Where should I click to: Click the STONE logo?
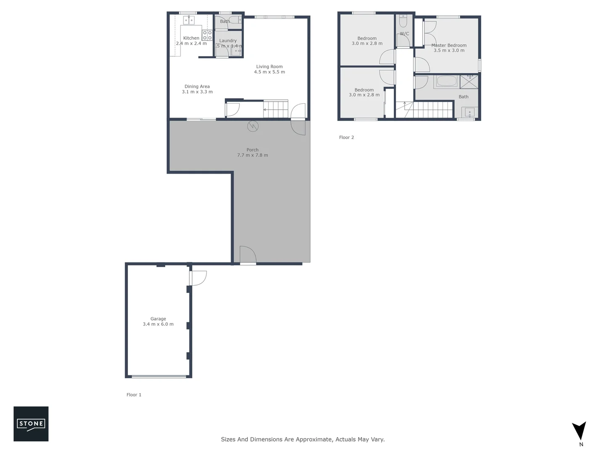(31, 423)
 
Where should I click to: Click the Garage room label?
(158, 319)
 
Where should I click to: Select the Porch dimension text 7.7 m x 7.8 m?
(252, 155)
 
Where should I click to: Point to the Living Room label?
(269, 67)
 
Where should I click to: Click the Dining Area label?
(197, 86)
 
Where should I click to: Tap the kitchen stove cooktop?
(207, 35)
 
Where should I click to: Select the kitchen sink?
(188, 20)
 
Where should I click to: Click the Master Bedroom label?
(449, 45)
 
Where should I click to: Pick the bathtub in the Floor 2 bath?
(446, 81)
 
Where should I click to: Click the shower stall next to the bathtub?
(469, 81)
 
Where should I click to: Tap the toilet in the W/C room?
(403, 21)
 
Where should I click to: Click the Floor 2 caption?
(346, 137)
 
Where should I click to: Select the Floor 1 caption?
(134, 395)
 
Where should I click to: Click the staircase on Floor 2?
(429, 110)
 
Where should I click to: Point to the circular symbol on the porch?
(252, 126)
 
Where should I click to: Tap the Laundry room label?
(228, 41)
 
